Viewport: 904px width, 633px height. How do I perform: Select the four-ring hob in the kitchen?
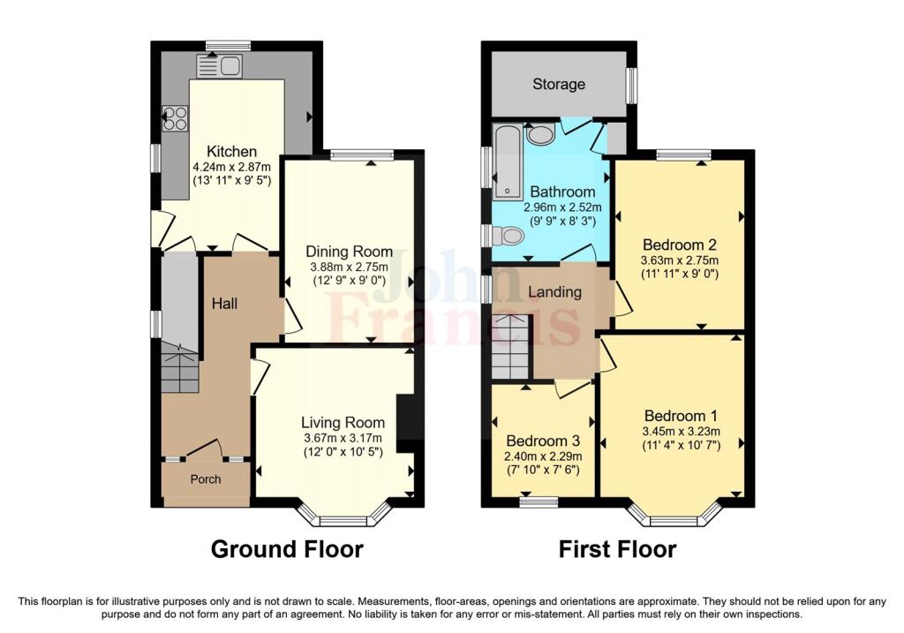(x=176, y=118)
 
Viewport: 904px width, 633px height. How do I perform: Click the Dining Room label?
(x=349, y=252)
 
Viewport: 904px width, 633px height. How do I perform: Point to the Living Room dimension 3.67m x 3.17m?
(x=343, y=438)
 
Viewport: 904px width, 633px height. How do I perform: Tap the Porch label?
(x=206, y=479)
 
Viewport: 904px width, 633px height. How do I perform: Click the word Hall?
(x=224, y=303)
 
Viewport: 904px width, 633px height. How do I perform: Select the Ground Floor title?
(x=287, y=549)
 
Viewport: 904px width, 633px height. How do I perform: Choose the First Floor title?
(x=617, y=549)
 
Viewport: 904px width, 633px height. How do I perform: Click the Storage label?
(x=559, y=84)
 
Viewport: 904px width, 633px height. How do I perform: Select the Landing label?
(x=554, y=291)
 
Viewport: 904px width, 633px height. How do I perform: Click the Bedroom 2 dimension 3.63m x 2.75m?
(x=680, y=260)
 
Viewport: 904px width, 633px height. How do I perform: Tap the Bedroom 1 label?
(x=681, y=416)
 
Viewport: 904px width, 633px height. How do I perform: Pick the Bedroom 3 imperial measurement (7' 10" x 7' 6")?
(x=543, y=470)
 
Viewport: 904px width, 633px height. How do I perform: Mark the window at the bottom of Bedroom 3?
(x=539, y=501)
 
